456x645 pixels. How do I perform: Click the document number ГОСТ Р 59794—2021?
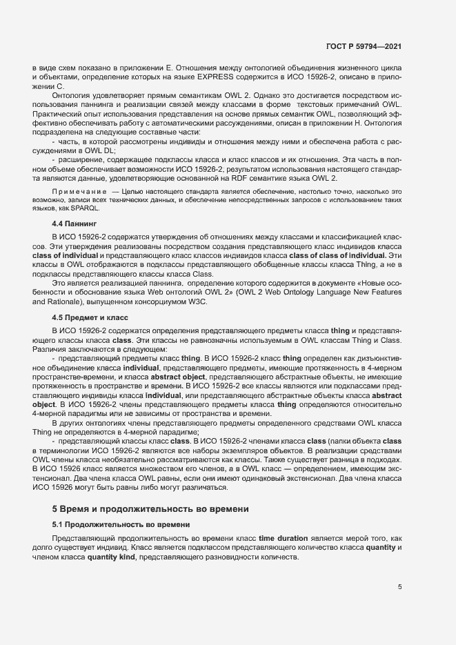click(364, 47)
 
